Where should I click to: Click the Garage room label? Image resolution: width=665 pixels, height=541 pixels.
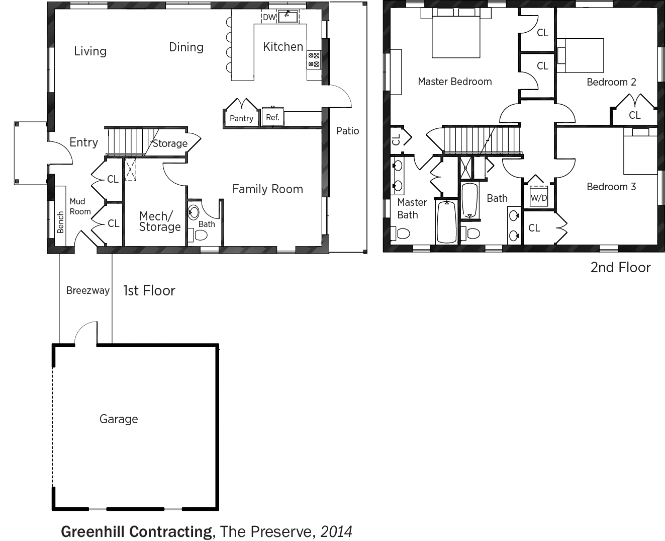119,419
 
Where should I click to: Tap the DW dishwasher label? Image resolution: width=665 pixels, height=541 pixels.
269,17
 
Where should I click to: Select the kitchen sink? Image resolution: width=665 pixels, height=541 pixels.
288,16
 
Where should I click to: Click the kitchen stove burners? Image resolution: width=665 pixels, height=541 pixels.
314,60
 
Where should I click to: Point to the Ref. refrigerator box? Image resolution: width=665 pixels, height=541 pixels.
272,117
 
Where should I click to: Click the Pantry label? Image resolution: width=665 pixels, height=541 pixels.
241,118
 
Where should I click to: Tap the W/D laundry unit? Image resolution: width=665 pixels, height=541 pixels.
539,197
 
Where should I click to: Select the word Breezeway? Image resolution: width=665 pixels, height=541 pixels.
88,291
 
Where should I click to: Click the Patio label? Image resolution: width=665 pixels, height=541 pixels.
347,131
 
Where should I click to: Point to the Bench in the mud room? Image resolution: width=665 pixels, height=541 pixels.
60,216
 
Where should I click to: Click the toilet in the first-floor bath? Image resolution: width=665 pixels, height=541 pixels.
198,235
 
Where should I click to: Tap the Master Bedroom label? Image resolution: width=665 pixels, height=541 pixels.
454,82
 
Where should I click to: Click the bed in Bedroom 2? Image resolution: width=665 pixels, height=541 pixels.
580,55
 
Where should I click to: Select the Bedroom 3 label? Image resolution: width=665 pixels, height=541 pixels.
611,187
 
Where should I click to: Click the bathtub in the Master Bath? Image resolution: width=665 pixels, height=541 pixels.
447,222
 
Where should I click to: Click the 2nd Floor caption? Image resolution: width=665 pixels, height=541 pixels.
620,268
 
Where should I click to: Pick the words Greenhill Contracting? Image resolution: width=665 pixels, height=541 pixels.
138,531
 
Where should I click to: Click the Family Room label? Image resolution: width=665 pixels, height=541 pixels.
267,189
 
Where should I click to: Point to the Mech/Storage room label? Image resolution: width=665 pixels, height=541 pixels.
160,221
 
